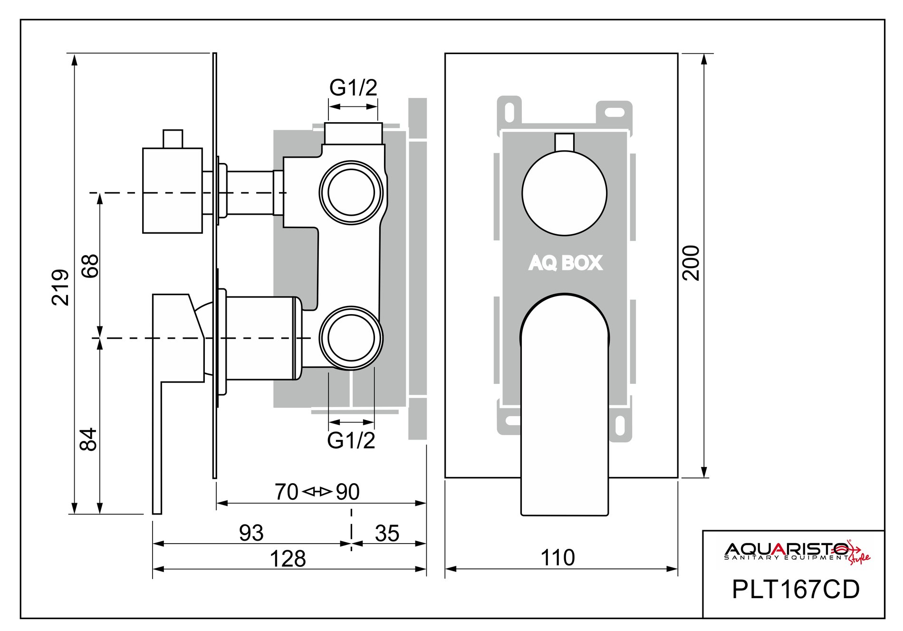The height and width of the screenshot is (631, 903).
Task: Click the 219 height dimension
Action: tap(60, 287)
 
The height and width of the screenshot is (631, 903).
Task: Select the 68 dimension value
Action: tap(90, 266)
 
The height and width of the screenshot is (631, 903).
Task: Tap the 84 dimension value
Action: tap(89, 440)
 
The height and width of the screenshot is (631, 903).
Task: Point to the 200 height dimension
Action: tap(692, 263)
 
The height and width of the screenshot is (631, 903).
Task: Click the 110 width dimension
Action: tap(557, 557)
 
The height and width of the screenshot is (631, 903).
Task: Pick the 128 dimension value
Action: tap(288, 559)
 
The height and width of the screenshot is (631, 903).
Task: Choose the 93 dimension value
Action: tap(251, 533)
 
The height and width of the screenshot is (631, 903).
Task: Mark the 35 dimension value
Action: tap(387, 533)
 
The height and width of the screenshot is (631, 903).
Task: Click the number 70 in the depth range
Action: tap(286, 492)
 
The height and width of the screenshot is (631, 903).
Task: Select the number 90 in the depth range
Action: tap(348, 492)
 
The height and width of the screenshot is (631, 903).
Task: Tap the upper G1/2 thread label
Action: tap(353, 87)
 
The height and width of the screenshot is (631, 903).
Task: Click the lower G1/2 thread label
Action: tap(351, 440)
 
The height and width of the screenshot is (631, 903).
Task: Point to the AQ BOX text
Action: tap(565, 263)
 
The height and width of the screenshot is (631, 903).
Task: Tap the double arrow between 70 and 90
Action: tap(317, 492)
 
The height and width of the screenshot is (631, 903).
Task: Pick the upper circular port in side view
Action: tap(351, 192)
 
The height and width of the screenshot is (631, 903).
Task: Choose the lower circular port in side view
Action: tap(351, 337)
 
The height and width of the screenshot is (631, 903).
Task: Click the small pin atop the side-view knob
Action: tap(173, 138)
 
